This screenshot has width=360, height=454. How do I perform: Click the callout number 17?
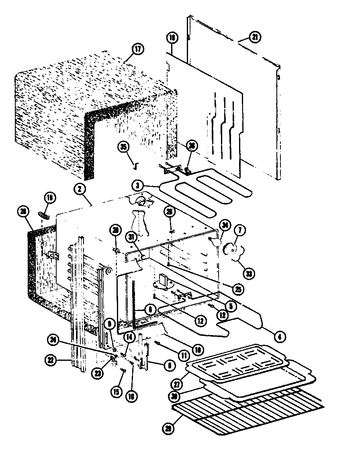pyautogui.click(x=137, y=50)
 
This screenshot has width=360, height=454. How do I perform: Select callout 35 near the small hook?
pyautogui.click(x=125, y=147)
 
